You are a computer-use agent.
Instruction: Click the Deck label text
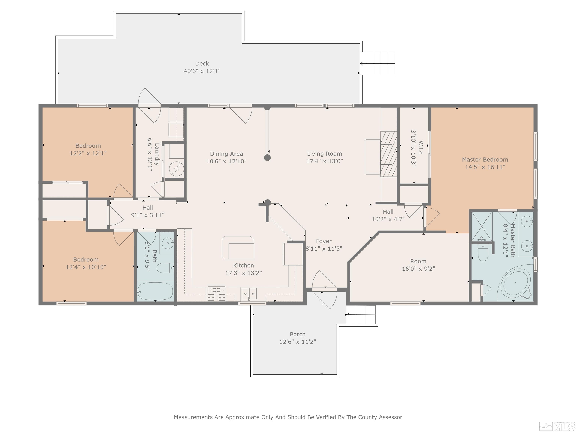pos(202,64)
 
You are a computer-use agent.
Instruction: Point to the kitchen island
pos(238,248)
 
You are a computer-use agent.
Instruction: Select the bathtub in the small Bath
pos(155,291)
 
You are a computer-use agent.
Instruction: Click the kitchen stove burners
pos(216,293)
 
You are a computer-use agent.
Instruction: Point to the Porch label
pos(298,334)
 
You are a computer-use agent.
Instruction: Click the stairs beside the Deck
pos(378,63)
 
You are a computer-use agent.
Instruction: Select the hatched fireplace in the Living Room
pos(389,154)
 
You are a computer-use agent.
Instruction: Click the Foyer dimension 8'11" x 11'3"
pos(324,249)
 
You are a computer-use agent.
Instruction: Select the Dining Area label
pos(226,154)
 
